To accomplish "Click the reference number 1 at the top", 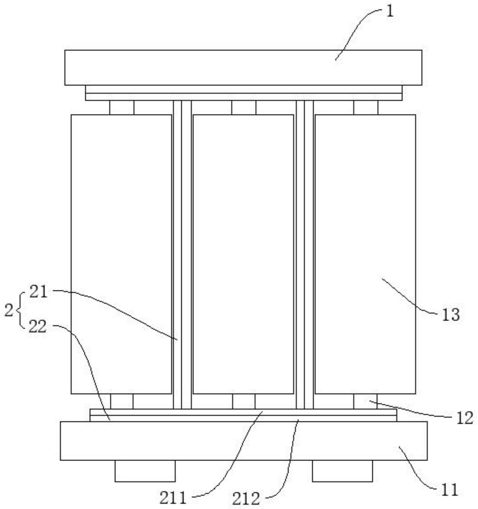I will click(x=390, y=12).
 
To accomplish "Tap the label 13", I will click(x=451, y=315).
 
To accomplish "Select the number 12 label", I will click(x=465, y=418).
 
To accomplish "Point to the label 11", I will click(x=450, y=490).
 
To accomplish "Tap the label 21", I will click(x=39, y=292).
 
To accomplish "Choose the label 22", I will click(x=38, y=327).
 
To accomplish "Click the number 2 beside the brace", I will click(x=9, y=310).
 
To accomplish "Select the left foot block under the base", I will click(x=145, y=471).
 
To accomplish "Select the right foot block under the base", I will click(x=342, y=471).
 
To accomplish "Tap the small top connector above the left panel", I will click(x=122, y=107).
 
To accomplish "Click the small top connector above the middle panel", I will click(x=244, y=107).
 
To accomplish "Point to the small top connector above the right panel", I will click(x=366, y=107).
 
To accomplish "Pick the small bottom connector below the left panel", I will click(x=122, y=401).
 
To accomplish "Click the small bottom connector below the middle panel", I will click(x=244, y=401).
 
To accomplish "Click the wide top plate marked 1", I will click(x=243, y=68).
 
